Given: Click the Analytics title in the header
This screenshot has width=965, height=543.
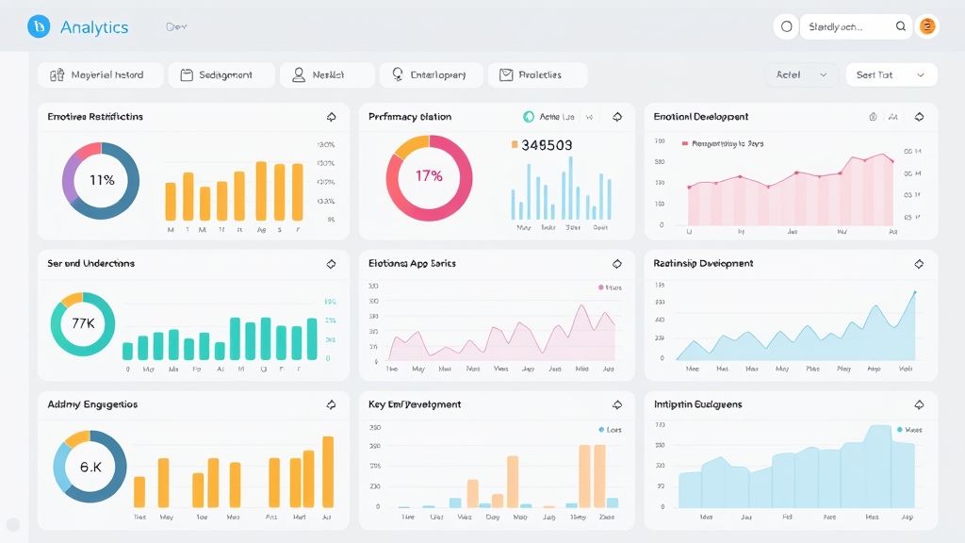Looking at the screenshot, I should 93,27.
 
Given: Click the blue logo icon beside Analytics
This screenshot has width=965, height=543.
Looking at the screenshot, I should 39,27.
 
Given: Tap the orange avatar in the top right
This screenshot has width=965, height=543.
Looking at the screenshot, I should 927,27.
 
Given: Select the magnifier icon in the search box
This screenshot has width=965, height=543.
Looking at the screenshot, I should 901,27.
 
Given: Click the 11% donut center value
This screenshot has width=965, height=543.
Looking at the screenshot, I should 101,180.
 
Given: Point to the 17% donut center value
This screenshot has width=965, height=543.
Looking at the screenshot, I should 429,176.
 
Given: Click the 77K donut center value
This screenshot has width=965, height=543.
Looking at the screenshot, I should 83,323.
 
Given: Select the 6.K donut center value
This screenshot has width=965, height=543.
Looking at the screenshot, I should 90,467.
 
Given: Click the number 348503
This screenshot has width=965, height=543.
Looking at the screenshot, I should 547,145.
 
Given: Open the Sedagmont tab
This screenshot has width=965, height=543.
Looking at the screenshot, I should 222,75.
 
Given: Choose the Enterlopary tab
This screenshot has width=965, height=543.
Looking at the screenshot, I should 432,75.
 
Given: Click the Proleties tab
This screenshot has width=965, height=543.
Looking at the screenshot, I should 538,75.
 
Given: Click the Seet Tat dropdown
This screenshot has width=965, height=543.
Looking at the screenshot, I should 891,75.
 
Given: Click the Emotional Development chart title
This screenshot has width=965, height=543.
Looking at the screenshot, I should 701,117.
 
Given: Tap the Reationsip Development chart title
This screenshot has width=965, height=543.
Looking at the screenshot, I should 703,264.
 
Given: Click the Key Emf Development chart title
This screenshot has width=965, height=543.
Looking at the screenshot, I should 415,404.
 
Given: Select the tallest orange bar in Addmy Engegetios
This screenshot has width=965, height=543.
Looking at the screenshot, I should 328,471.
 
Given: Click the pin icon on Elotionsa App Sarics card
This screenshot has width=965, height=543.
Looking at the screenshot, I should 617,264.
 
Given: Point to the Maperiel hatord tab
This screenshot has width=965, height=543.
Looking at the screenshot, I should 101,75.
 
